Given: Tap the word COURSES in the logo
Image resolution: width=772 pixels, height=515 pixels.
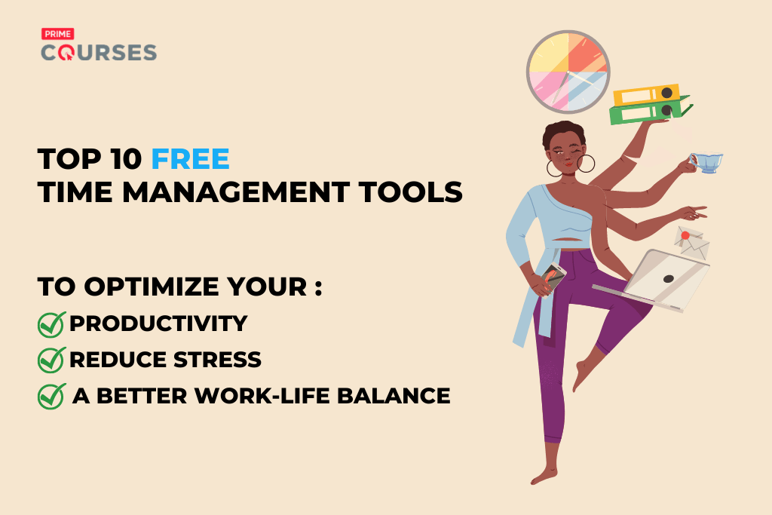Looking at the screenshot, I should coord(98,53).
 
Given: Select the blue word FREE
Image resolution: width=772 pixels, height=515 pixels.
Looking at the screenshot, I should coord(190,160).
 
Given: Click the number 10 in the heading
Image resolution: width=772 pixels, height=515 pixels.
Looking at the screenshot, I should coord(122,160).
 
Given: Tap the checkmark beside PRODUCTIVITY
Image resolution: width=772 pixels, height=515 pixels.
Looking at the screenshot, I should coord(51,324).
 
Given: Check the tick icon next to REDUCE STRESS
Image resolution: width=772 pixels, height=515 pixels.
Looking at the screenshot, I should coord(51,360).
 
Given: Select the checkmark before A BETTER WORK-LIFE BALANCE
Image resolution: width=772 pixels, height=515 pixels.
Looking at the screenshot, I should coord(51,395).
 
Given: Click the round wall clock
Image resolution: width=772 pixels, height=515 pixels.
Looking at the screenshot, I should coord(568,72).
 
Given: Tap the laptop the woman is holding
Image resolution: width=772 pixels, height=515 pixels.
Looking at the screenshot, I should coord(663,279).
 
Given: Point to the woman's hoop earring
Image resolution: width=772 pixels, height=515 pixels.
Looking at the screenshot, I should coord(585,165).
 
